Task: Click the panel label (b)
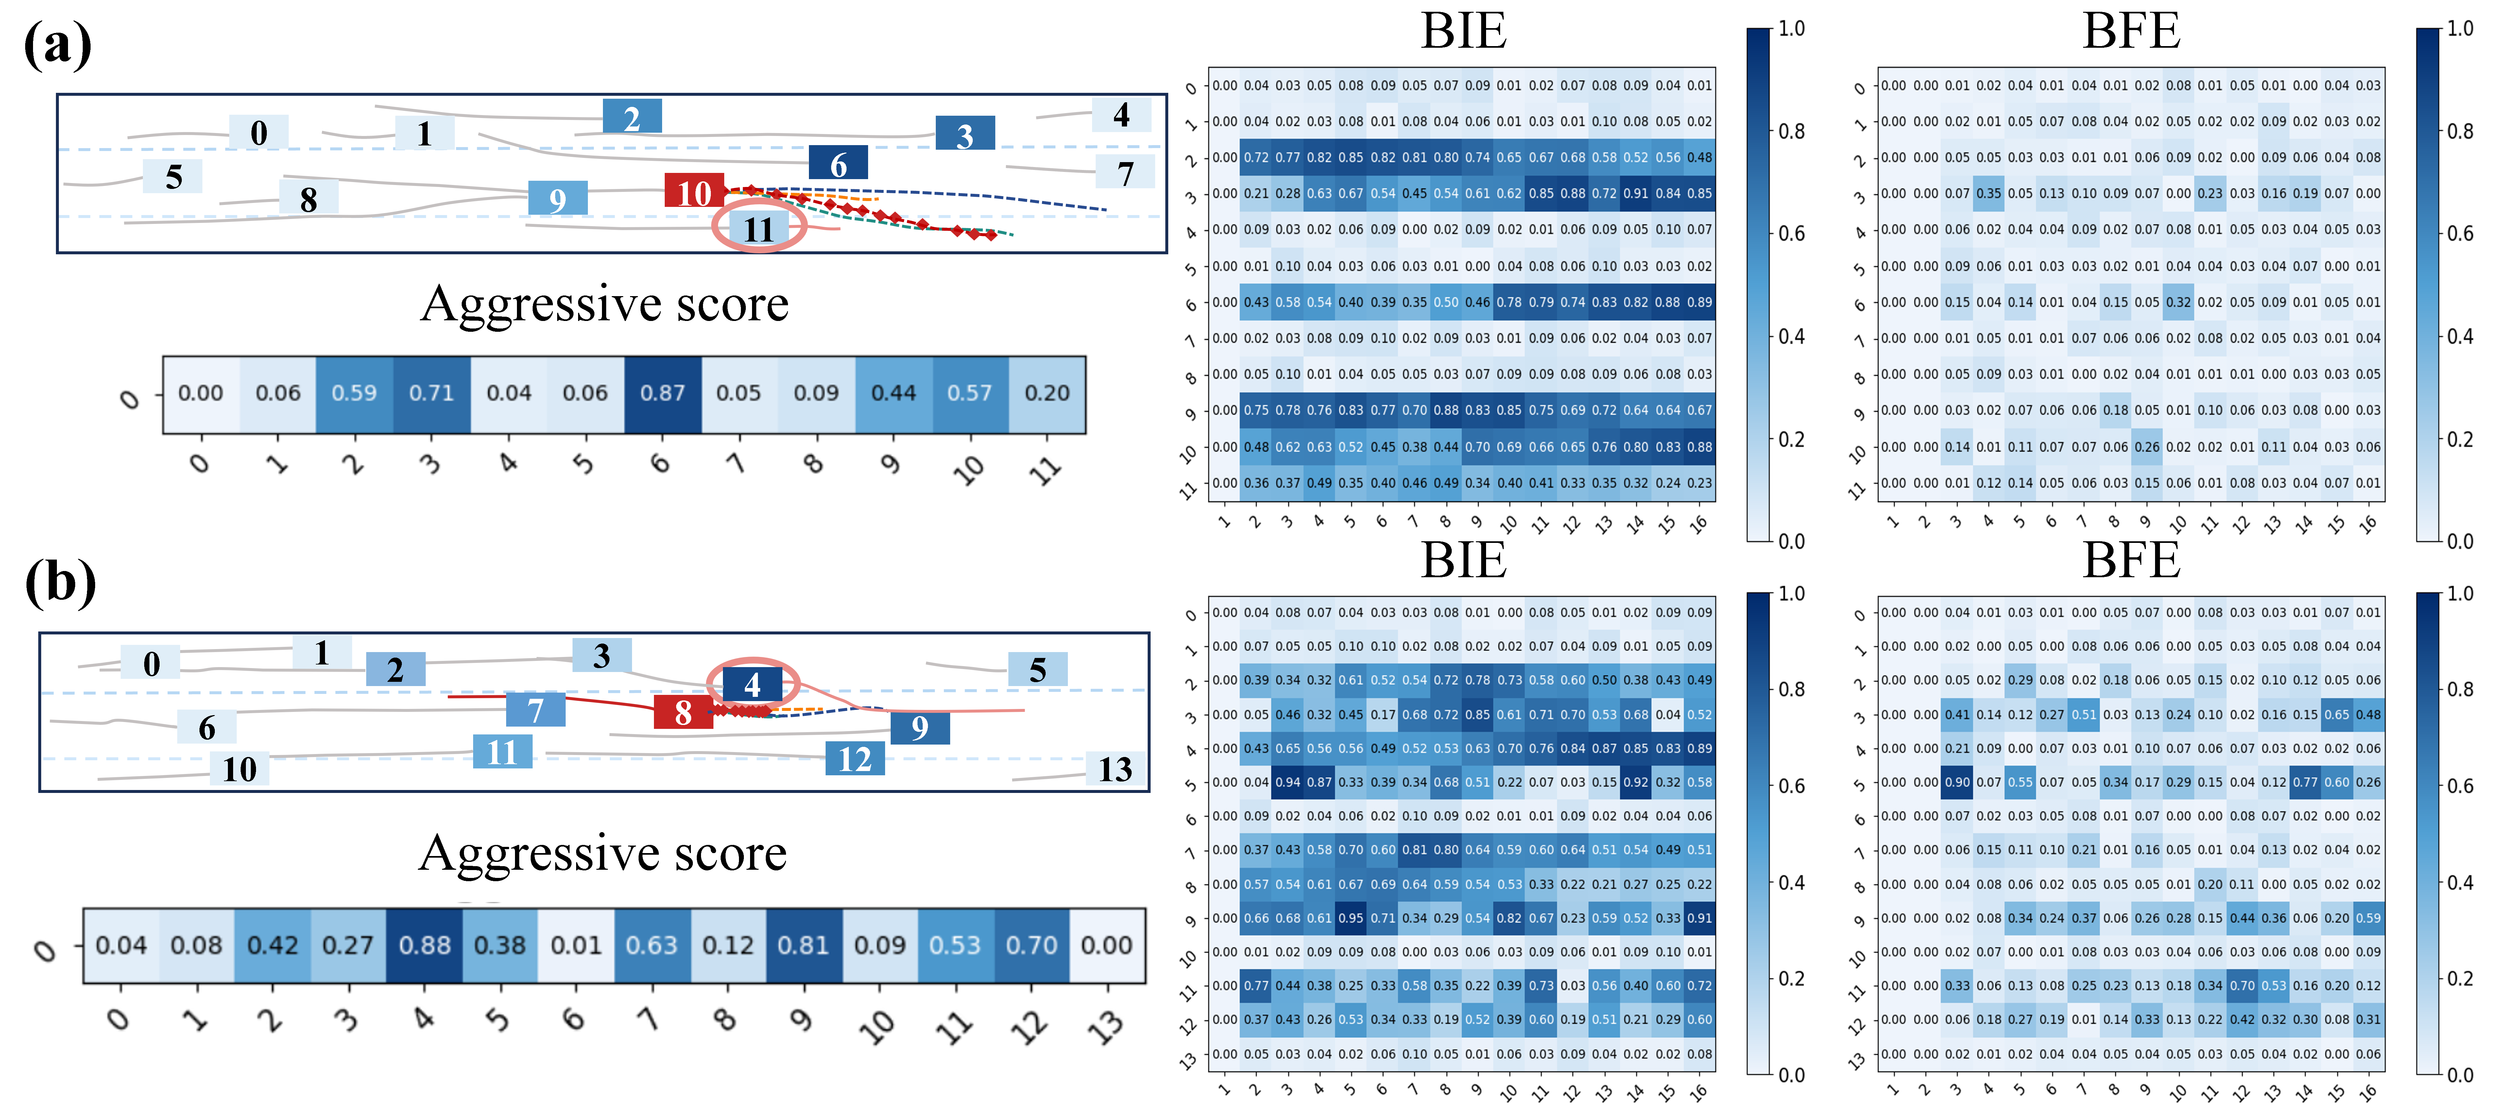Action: [60, 582]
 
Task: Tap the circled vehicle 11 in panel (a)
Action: [758, 229]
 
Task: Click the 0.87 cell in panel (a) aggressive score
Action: [662, 393]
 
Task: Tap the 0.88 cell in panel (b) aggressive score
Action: [424, 945]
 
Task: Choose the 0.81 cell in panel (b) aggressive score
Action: [803, 945]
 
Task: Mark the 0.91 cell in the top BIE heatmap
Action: [1636, 193]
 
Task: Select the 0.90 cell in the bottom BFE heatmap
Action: [1957, 782]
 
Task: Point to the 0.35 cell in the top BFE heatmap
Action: [1989, 193]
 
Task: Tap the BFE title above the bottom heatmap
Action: [2131, 561]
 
